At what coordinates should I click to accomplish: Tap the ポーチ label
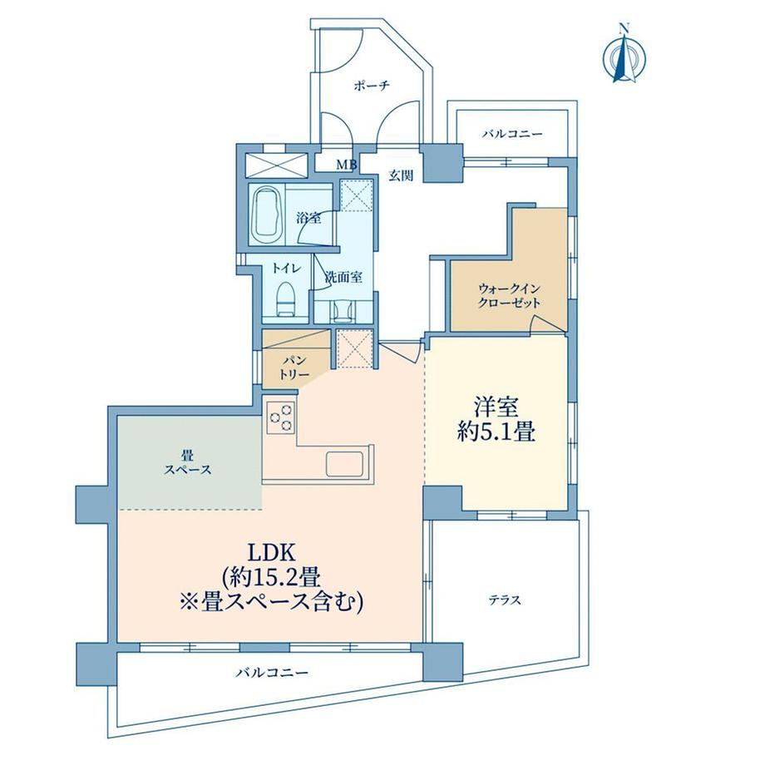pos(372,86)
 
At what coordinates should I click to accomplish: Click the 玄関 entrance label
pos(401,175)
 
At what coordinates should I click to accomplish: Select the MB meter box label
pos(347,165)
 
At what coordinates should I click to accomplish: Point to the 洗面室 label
pos(344,277)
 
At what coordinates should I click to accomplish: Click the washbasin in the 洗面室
pos(343,311)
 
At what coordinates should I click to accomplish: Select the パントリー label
pos(295,368)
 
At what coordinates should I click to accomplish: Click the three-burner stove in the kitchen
pos(280,417)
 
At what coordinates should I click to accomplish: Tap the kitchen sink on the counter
pos(348,463)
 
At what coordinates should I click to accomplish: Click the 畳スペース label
pos(188,463)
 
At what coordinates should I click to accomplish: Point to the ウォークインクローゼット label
pos(510,296)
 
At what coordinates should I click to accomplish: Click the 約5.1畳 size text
pos(496,432)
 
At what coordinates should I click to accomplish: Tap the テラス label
pos(506,600)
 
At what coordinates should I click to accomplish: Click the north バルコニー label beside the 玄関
pos(512,134)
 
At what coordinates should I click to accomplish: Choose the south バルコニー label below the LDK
pos(272,674)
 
